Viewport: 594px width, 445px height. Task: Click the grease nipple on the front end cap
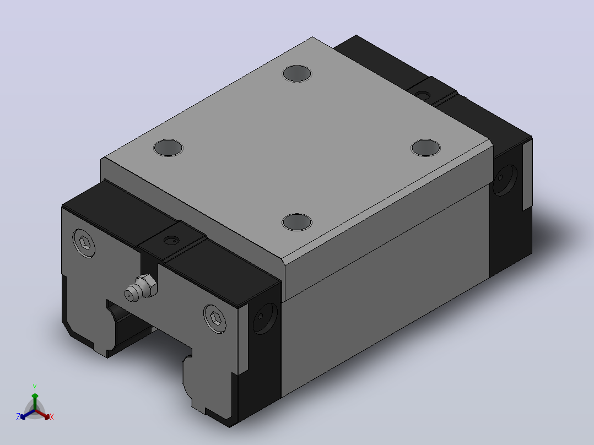[x=141, y=288]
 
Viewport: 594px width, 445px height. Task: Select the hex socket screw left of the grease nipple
[x=84, y=243]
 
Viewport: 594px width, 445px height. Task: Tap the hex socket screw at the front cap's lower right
[x=215, y=318]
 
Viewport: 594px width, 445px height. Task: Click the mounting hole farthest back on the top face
[x=297, y=73]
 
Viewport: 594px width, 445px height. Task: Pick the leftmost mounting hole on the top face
[x=168, y=148]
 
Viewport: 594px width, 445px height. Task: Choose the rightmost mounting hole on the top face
[x=425, y=148]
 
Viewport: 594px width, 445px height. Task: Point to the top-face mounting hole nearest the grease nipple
[x=297, y=222]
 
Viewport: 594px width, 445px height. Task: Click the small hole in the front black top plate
[x=171, y=240]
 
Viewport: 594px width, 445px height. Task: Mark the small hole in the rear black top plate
[x=423, y=95]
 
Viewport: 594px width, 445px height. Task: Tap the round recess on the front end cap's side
[x=265, y=318]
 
